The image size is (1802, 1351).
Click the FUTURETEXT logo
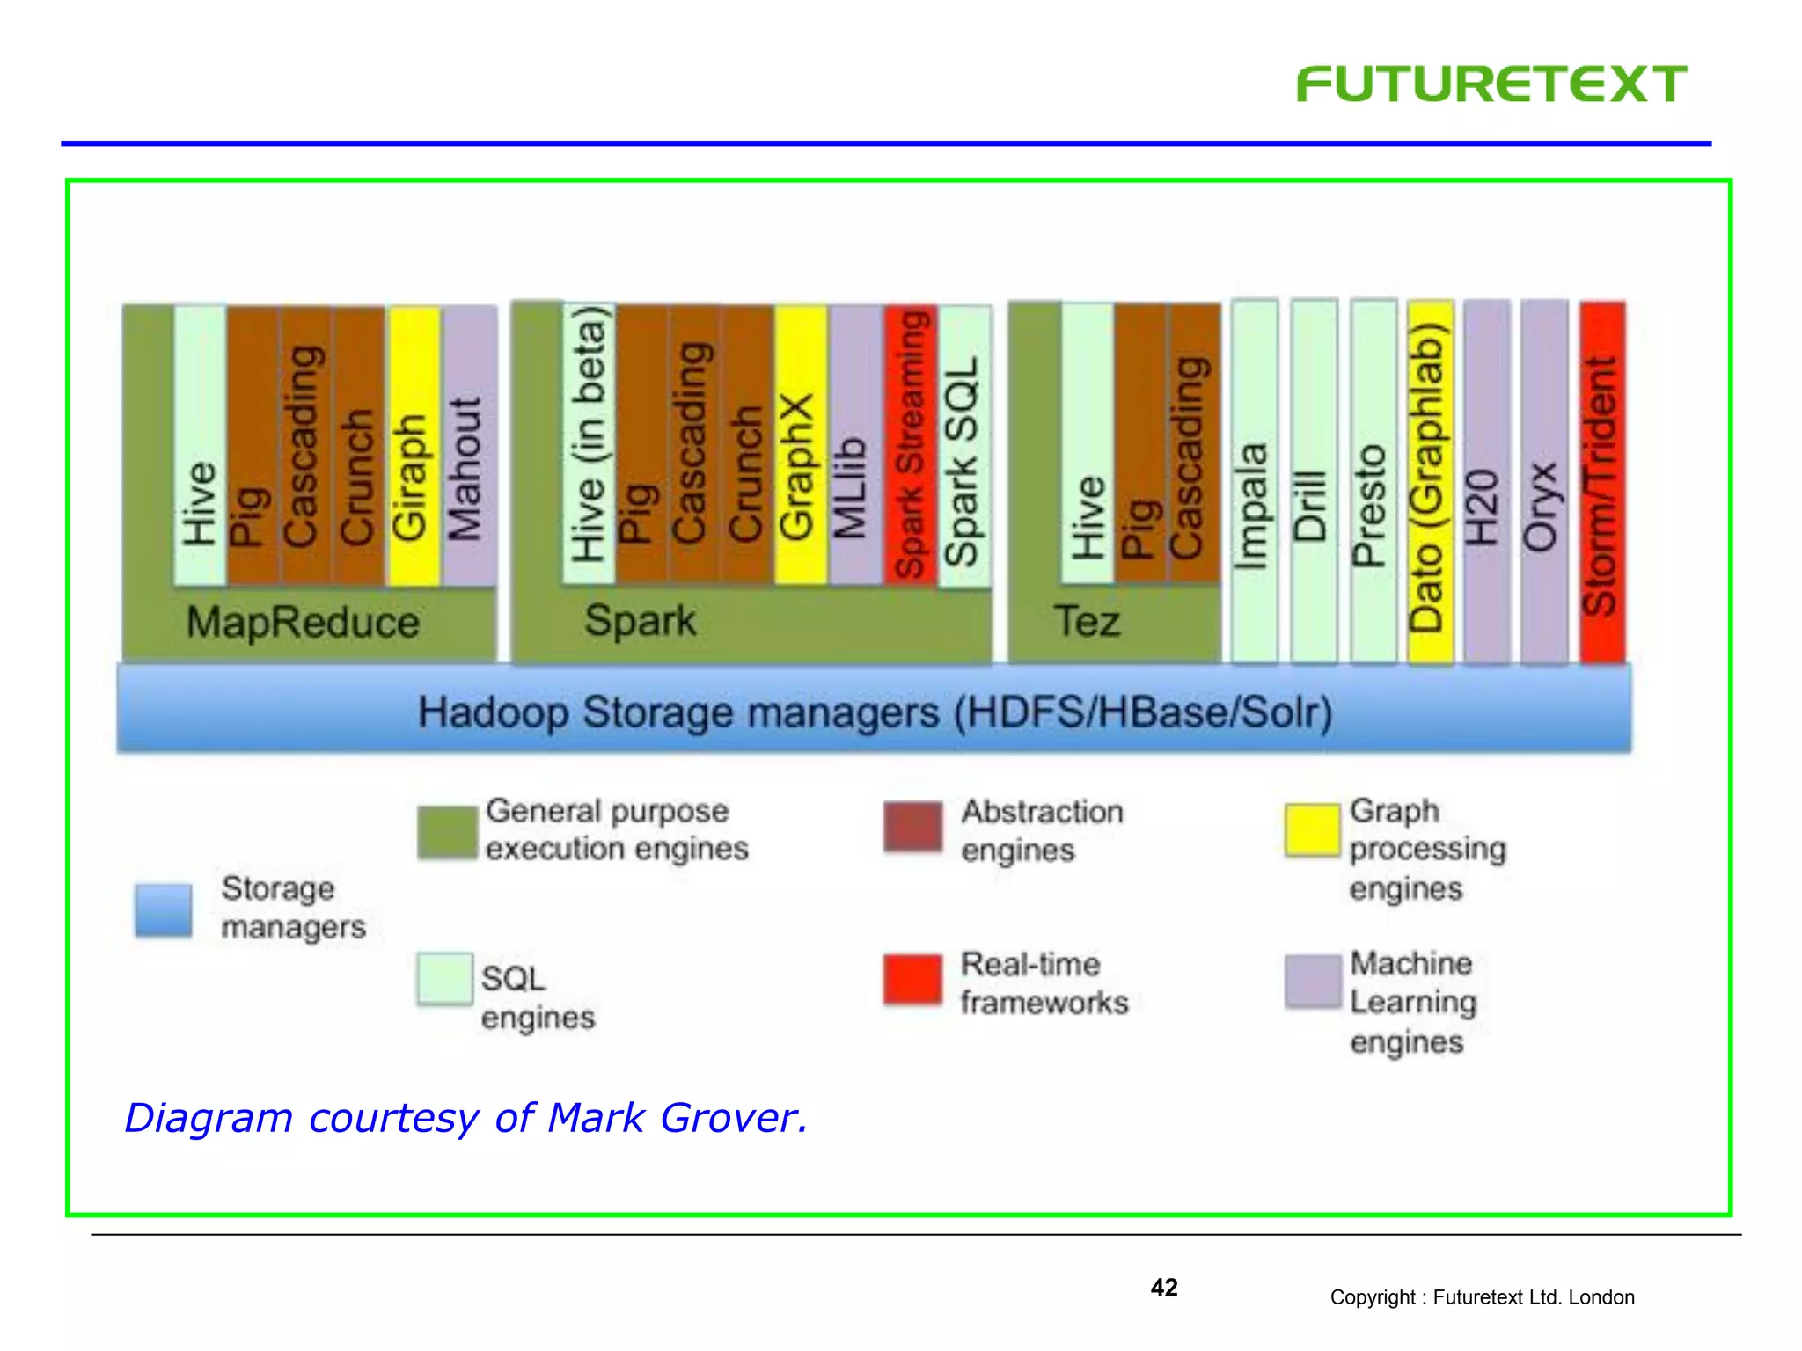tap(1491, 84)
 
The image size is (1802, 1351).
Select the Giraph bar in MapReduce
tap(414, 447)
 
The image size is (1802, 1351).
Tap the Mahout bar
tap(469, 447)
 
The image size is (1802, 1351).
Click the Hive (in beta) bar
tap(589, 444)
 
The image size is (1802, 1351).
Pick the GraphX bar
tap(800, 444)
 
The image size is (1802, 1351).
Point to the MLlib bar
tap(854, 444)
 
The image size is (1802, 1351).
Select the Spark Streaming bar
tap(910, 444)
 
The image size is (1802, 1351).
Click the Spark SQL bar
tap(963, 447)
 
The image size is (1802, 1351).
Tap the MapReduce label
tap(303, 623)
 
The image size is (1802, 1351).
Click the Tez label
tap(1088, 621)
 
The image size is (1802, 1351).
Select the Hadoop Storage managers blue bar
tap(874, 711)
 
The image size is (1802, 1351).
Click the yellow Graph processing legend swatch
tap(1311, 829)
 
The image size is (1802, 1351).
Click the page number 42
tap(1163, 1288)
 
